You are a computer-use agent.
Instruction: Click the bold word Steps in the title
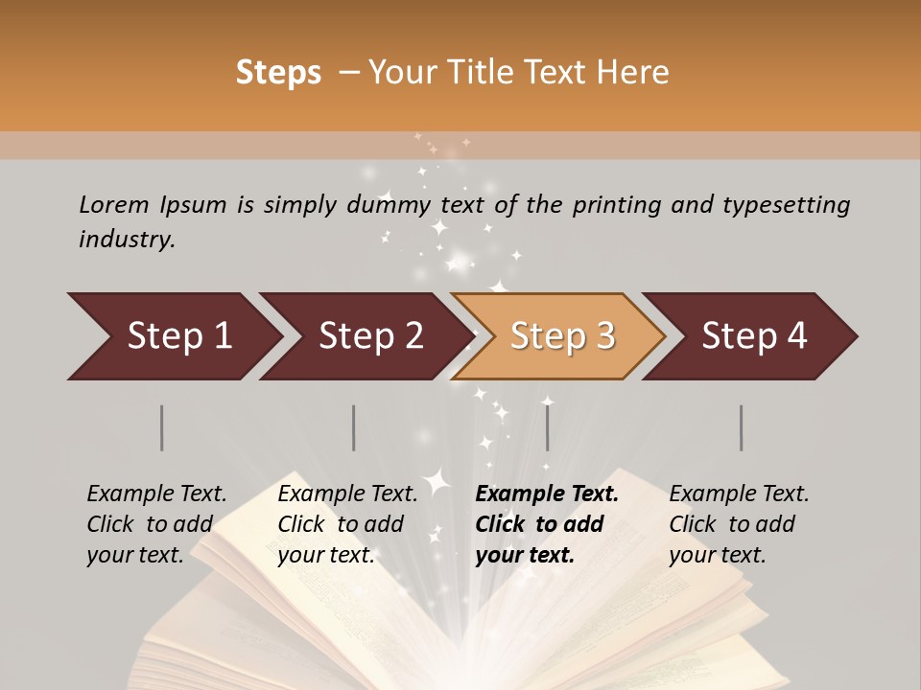278,73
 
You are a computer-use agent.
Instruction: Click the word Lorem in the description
114,204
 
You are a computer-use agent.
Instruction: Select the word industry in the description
127,239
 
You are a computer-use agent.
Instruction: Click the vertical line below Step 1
162,427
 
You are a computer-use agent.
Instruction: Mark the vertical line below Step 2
354,427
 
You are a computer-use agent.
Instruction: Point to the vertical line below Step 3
547,427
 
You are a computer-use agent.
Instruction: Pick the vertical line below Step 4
741,427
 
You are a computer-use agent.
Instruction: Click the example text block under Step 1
156,524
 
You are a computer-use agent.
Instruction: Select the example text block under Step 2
347,524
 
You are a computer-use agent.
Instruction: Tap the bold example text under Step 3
547,524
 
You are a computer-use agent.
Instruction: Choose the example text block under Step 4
739,524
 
